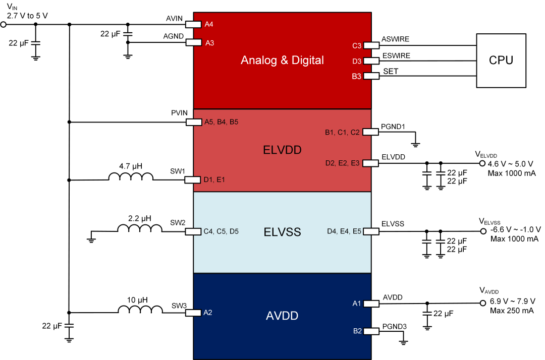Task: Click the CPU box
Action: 501,61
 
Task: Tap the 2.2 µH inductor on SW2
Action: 140,228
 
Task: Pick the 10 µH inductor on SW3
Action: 140,309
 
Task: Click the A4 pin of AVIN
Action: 193,24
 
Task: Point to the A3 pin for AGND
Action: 193,43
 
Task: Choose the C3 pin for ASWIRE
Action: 372,45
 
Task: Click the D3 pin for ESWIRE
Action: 372,61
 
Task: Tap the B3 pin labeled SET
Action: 372,76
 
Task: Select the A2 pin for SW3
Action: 193,313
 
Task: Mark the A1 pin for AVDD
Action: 372,304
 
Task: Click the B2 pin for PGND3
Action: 372,331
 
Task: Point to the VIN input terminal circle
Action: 4,24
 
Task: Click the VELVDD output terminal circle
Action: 482,163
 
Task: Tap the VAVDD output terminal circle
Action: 482,303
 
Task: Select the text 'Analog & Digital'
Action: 282,61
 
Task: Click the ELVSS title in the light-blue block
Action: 282,232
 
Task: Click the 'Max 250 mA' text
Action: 511,311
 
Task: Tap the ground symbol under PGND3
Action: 403,342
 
